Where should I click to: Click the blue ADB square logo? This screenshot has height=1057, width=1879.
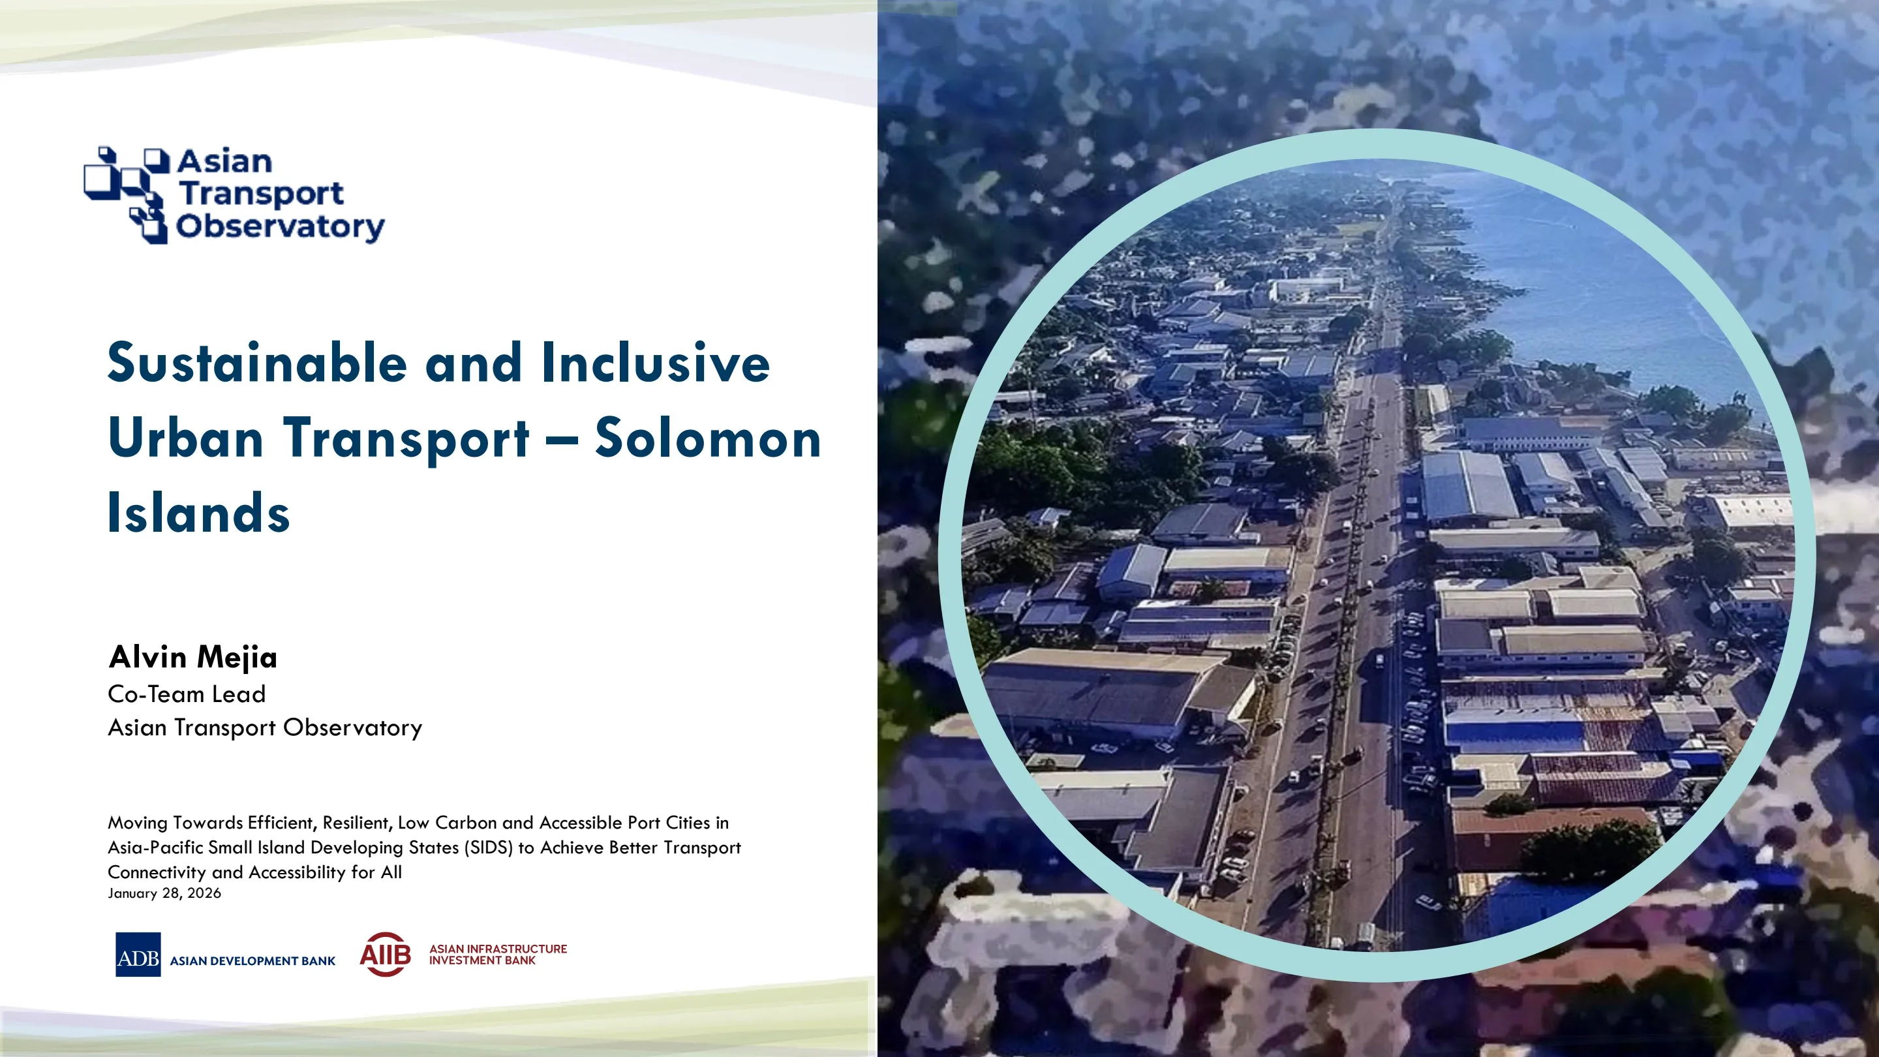coord(138,954)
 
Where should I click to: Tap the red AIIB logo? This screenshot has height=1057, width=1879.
coord(385,954)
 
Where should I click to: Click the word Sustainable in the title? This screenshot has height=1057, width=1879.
coord(258,363)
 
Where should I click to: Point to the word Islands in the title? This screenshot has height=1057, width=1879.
coord(198,513)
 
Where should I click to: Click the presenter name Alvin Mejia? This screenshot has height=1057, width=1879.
coord(192,657)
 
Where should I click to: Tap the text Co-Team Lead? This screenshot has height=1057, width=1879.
coord(187,694)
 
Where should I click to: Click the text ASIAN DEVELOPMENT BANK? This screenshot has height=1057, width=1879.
coord(252,960)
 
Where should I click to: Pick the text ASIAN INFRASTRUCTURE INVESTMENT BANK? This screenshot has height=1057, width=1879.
coord(498,954)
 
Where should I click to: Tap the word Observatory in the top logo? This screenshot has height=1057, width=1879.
coord(280,226)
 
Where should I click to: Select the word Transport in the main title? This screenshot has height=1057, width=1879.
coord(406,440)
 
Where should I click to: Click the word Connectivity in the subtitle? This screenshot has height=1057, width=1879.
coord(157,872)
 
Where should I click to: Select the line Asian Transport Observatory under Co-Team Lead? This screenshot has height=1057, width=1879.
coord(266,728)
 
